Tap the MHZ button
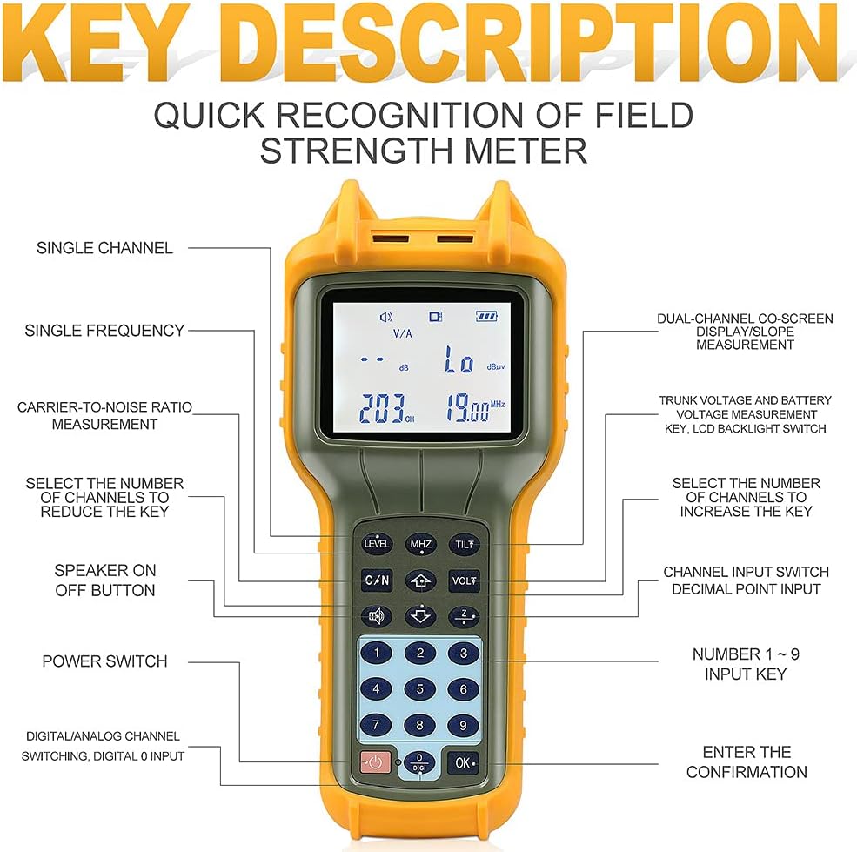(x=420, y=544)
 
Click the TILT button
(x=464, y=544)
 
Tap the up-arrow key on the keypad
(x=420, y=580)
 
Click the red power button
(x=375, y=762)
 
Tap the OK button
(x=464, y=762)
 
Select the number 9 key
(x=464, y=724)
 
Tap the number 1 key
(x=376, y=653)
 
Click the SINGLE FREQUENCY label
(x=104, y=331)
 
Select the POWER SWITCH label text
(x=104, y=661)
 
